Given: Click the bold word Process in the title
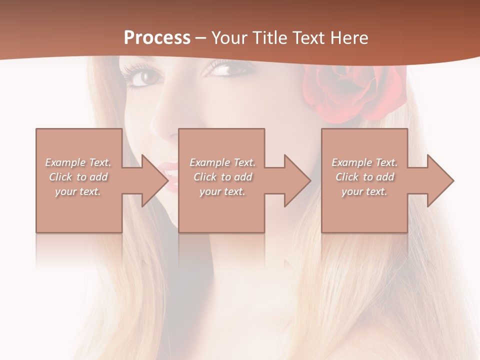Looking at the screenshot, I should tap(157, 38).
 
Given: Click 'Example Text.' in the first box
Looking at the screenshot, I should tap(78, 162).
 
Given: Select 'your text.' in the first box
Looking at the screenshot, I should tap(78, 191).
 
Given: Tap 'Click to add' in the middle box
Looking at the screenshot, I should tap(222, 177).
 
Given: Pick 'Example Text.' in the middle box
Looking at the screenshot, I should tap(222, 162).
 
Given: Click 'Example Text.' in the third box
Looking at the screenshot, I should tap(364, 162).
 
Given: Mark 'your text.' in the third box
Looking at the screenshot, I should tap(364, 191).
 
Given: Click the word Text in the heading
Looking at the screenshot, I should tap(307, 38).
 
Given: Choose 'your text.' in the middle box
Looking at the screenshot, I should tap(222, 191).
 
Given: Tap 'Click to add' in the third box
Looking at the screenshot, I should tap(364, 177).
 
